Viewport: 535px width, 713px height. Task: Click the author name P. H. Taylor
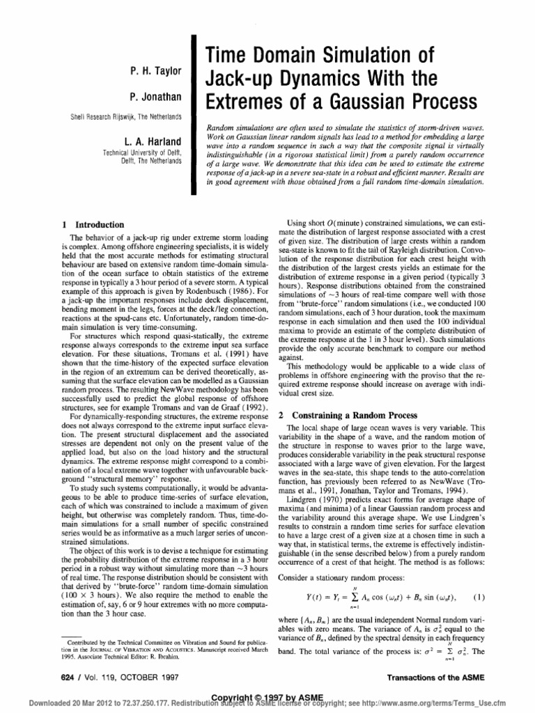point(158,70)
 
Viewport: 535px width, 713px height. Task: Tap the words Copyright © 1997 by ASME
point(268,698)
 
